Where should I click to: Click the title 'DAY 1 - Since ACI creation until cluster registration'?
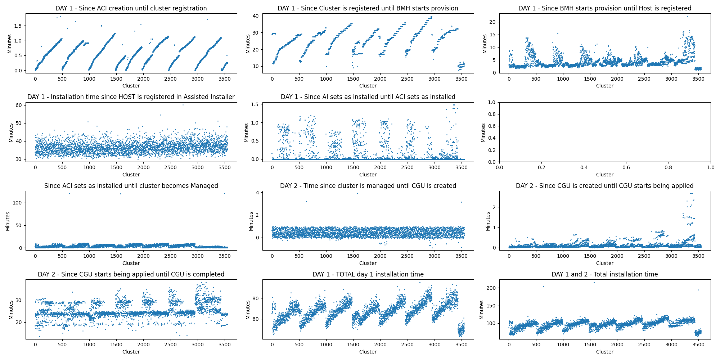131,8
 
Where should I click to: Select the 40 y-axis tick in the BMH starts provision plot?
255,16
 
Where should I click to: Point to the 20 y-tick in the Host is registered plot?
492,22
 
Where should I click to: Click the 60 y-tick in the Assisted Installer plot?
18,105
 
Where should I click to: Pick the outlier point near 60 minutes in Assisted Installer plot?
183,105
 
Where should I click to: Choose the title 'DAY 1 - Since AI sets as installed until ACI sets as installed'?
368,97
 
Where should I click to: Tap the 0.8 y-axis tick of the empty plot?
491,114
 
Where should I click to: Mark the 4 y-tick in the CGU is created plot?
257,193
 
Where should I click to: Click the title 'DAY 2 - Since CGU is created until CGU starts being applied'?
604,186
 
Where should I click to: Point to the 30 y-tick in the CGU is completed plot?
18,300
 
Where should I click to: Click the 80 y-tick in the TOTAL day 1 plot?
255,298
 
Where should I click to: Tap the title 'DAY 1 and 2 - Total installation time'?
604,274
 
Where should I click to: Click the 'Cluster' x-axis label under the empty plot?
604,175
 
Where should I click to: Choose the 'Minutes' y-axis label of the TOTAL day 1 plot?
248,310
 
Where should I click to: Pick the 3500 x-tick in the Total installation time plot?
698,345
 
